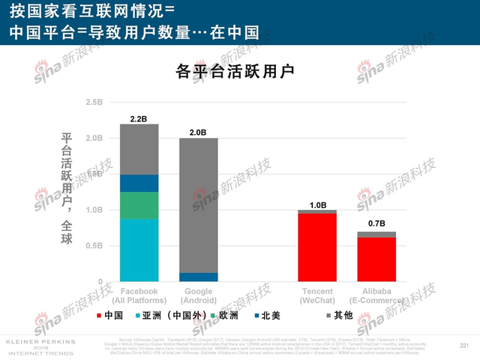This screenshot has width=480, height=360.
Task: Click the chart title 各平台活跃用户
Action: coord(234,72)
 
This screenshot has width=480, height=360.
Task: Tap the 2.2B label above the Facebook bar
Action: coord(138,118)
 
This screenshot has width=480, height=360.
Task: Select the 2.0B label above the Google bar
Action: coord(198,132)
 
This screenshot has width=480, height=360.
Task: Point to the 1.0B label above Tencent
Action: coord(317,205)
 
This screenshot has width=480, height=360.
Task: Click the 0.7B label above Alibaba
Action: coord(376,223)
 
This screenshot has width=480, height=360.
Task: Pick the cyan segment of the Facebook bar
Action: coord(139,250)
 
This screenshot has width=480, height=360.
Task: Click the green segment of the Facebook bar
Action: coord(139,205)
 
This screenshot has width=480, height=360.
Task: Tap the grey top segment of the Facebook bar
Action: coord(139,148)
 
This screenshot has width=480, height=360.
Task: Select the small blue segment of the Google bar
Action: coord(198,277)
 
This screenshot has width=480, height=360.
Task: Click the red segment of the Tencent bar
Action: coord(317,247)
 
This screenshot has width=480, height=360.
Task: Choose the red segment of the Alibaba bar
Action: coord(376,259)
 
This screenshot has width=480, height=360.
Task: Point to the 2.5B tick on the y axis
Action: coord(95,102)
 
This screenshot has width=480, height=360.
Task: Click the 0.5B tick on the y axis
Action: coord(95,245)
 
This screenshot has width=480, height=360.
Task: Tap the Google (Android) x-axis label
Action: coord(198,295)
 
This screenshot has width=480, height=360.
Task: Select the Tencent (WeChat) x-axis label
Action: coord(317,295)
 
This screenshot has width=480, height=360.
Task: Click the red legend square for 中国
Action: coord(99,315)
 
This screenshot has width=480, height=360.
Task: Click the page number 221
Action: coord(463,344)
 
